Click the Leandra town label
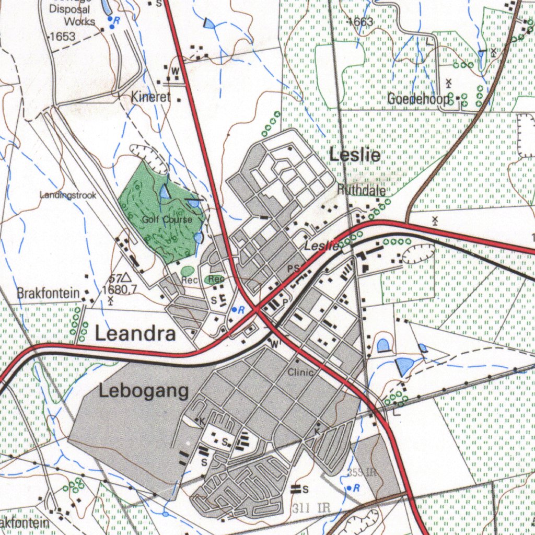(135, 333)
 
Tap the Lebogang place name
(144, 391)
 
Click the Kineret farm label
(151, 97)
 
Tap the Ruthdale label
(362, 190)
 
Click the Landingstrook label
(68, 195)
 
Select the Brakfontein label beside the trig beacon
(48, 293)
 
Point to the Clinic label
(300, 373)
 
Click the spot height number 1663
(361, 22)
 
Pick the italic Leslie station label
(322, 246)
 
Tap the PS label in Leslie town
(294, 269)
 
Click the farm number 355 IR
(362, 473)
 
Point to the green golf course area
(152, 199)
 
